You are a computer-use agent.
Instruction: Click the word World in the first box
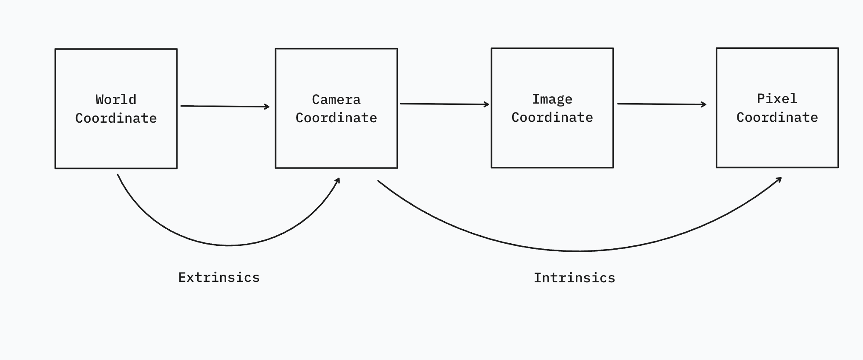coord(116,100)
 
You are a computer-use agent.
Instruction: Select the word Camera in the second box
coord(336,99)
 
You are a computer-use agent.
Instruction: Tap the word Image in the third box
coord(552,99)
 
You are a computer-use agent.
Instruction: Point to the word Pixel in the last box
coord(777,98)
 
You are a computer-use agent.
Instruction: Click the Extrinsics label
coord(219,277)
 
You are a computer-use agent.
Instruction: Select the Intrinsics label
coord(574,278)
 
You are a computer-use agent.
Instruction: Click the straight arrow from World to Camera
coord(225,106)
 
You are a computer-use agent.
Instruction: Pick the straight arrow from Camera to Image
coord(444,104)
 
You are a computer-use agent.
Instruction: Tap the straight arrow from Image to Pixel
coord(661,104)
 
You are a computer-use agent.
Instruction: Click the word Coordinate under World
coord(116,118)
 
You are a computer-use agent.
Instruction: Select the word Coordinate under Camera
coord(336,118)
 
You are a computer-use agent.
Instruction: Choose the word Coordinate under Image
coord(552,117)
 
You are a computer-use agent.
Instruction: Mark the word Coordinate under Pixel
coord(777,117)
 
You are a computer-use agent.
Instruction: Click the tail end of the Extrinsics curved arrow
coord(118,175)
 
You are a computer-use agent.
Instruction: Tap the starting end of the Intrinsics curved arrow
coord(378,181)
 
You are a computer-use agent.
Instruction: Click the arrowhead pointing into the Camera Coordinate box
coord(268,107)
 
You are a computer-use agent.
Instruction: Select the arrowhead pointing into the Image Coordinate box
coord(488,104)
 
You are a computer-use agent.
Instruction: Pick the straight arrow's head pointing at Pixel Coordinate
coord(705,104)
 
